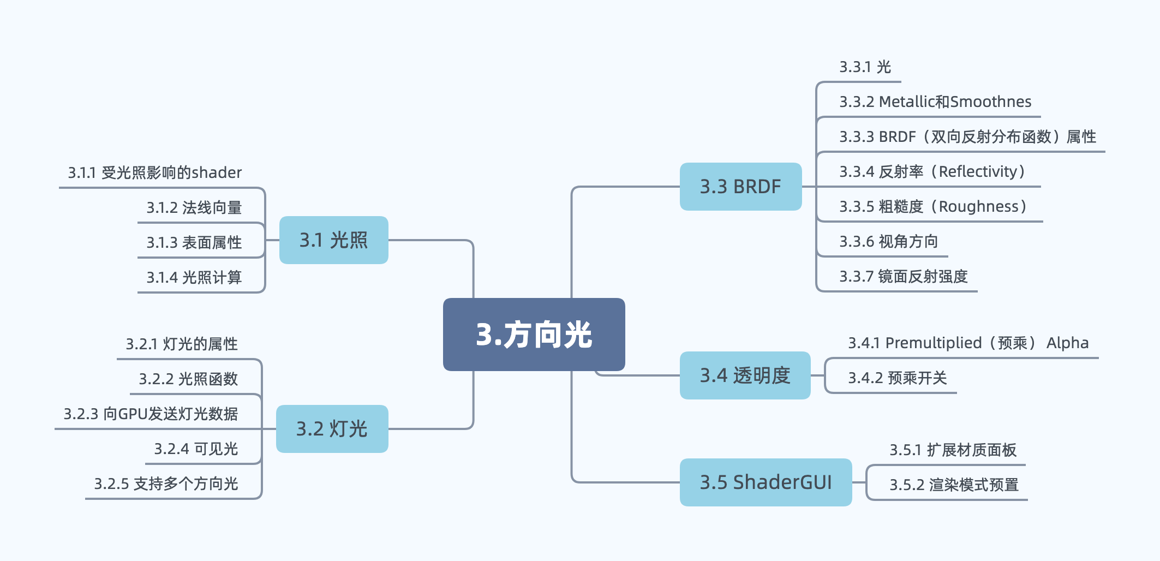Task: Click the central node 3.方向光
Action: [534, 334]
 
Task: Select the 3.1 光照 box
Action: [334, 240]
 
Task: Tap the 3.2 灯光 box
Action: [332, 429]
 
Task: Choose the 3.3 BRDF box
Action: [740, 187]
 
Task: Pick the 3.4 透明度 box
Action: [745, 375]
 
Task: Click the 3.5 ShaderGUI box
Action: [766, 482]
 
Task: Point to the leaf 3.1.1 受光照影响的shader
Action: [155, 173]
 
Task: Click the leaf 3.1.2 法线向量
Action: [194, 208]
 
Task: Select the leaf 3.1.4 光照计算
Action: [194, 278]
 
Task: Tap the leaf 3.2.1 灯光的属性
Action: [182, 344]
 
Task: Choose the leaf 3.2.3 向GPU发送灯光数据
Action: [151, 414]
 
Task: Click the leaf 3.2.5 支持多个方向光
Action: [166, 484]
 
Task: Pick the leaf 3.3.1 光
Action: [865, 67]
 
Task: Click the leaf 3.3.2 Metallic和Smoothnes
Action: [935, 102]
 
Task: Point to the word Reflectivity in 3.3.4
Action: [978, 172]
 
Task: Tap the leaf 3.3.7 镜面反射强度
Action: [904, 277]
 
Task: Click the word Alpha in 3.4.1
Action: [1067, 343]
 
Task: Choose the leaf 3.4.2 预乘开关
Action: [898, 378]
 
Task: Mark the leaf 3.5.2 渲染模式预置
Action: [954, 485]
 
